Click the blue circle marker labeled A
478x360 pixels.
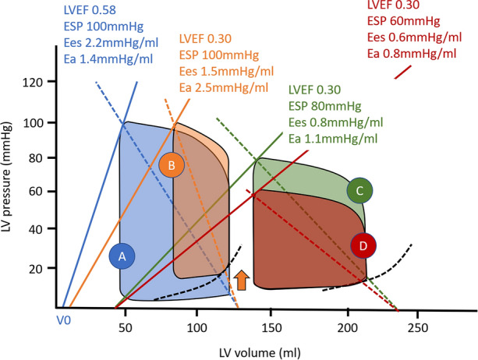pyautogui.click(x=122, y=255)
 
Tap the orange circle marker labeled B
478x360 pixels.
pyautogui.click(x=171, y=164)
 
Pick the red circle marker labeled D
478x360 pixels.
pyautogui.click(x=363, y=245)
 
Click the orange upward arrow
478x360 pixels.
pyautogui.click(x=241, y=279)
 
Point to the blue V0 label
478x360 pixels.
pyautogui.click(x=62, y=320)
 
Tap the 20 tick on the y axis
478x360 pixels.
pyautogui.click(x=41, y=268)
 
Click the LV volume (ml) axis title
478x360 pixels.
pyautogui.click(x=235, y=348)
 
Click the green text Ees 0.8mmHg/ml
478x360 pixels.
pyautogui.click(x=335, y=122)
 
